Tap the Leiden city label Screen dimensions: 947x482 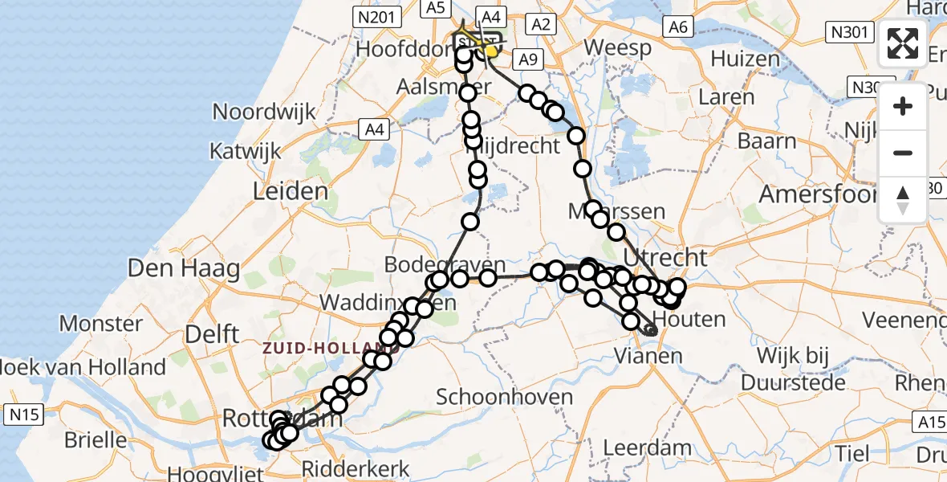pos(291,191)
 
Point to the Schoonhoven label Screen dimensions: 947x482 pos(504,397)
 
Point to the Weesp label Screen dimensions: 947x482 pos(617,47)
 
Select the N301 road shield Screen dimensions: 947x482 pos(849,32)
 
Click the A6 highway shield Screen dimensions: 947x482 pos(678,27)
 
